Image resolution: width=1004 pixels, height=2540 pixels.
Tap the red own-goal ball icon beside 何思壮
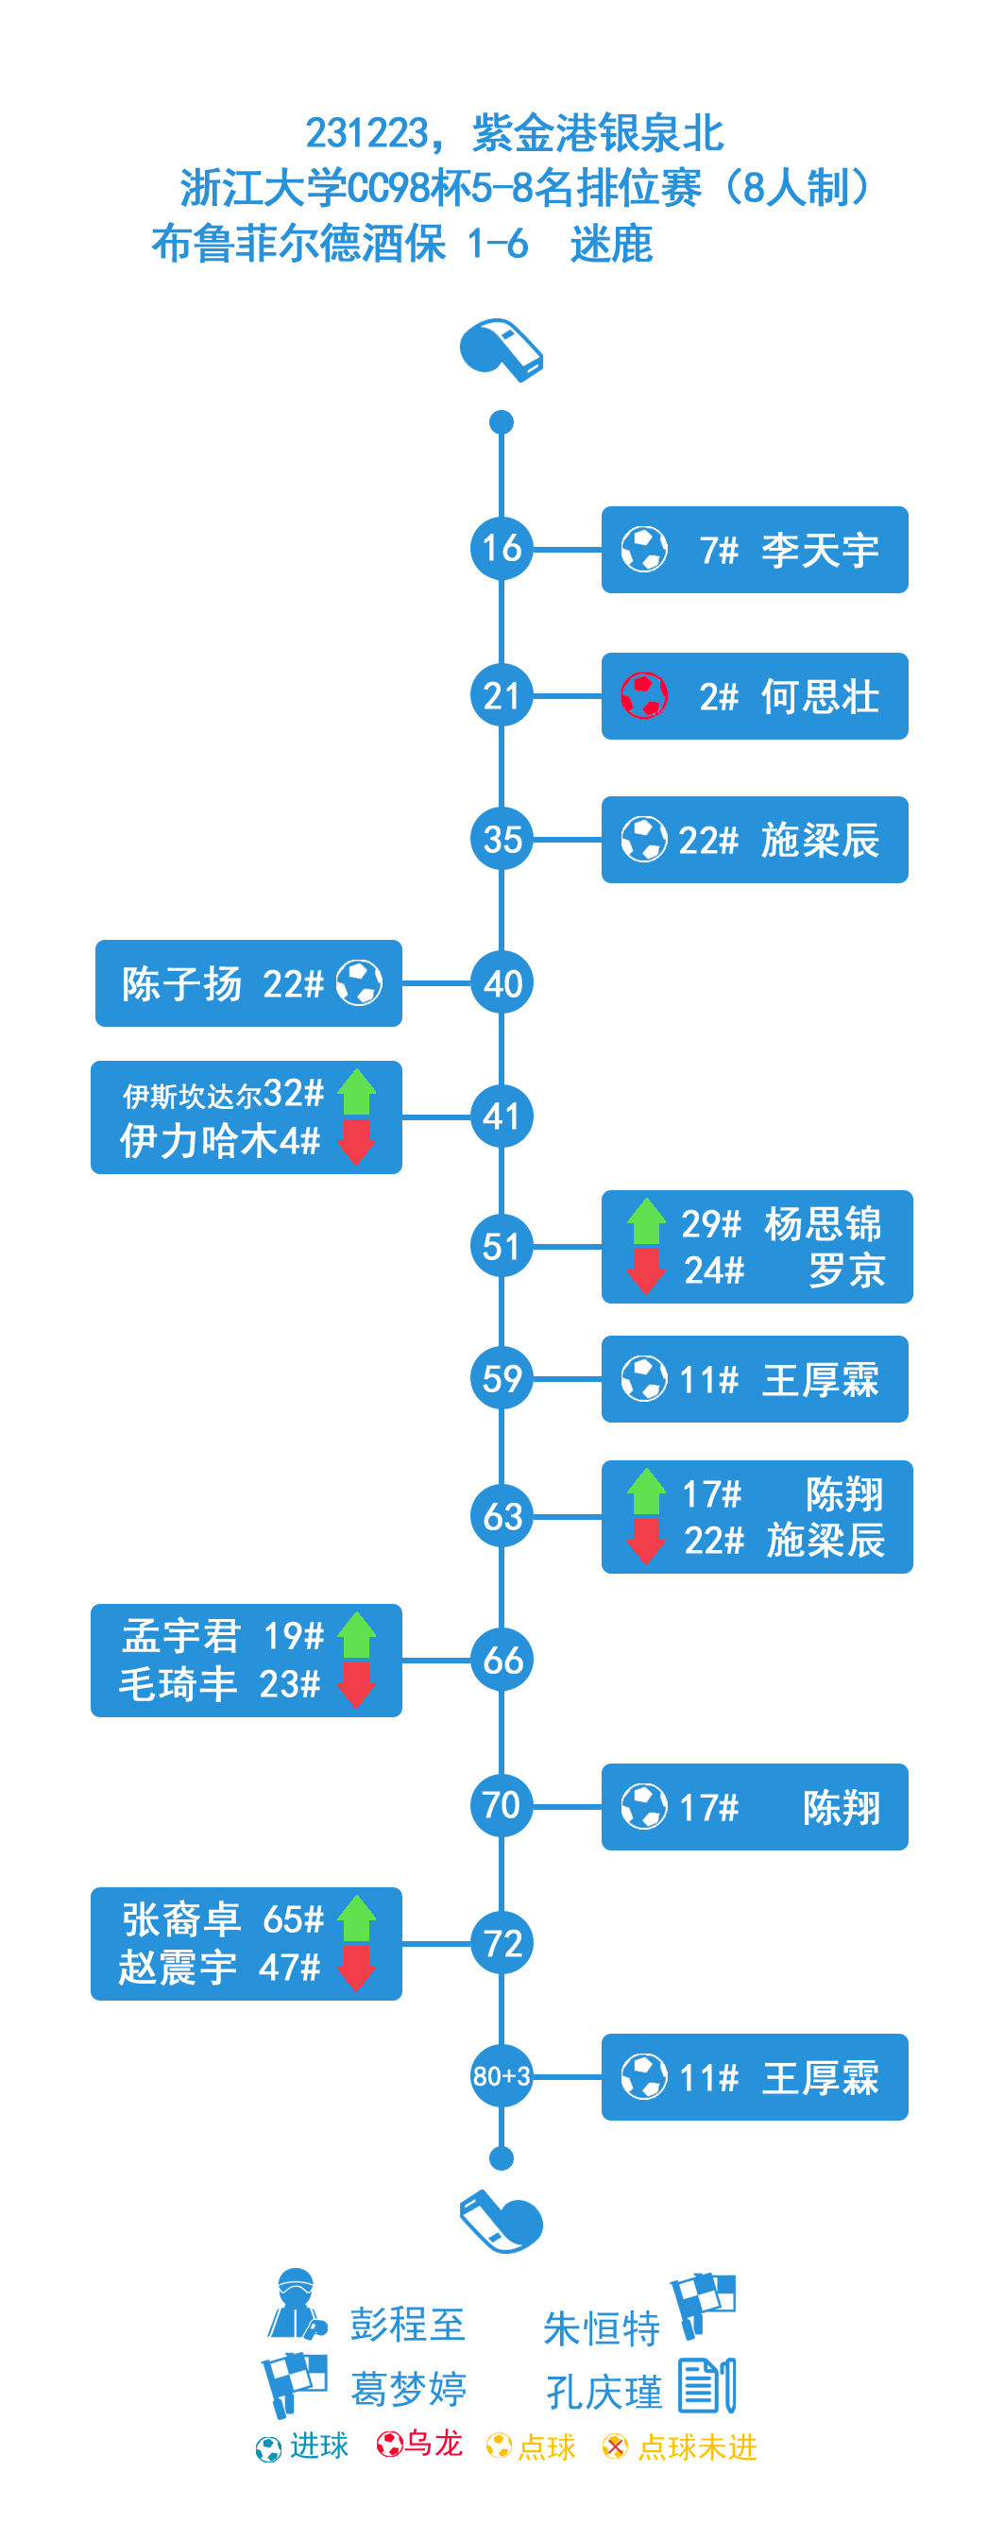point(643,695)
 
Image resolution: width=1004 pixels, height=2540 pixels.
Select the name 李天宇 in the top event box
point(819,550)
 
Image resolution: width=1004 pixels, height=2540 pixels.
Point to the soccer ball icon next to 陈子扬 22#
point(359,982)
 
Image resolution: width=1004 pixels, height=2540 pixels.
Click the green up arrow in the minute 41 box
point(356,1092)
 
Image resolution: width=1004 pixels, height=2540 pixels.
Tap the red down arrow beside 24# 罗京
point(646,1271)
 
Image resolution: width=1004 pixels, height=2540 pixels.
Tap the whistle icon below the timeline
point(501,2220)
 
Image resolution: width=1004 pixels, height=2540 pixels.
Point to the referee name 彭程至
point(406,2324)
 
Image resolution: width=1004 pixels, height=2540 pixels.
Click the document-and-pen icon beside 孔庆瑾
point(706,2385)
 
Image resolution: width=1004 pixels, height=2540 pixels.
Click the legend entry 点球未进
point(696,2446)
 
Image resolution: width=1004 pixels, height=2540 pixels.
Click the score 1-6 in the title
point(497,244)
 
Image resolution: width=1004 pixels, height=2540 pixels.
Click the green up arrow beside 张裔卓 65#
point(356,1918)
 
